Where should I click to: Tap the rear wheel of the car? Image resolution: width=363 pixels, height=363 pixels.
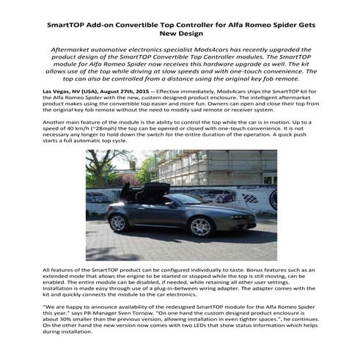pos(118,222)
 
